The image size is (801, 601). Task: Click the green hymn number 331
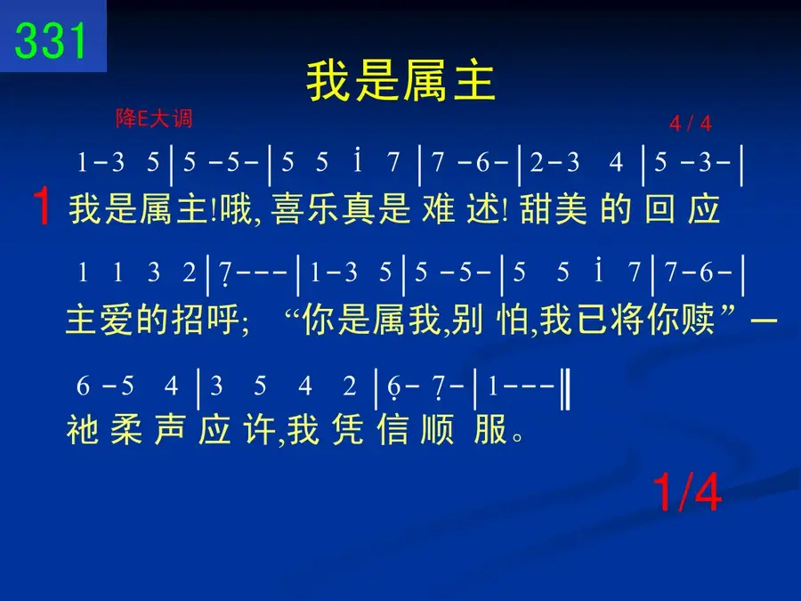(50, 40)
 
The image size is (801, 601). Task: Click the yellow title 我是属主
(400, 81)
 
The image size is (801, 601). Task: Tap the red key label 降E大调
(154, 118)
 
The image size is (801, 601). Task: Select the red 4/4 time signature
(690, 123)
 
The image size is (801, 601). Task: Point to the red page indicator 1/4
(687, 491)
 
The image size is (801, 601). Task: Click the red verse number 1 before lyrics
(41, 206)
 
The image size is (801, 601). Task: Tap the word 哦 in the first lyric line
(237, 209)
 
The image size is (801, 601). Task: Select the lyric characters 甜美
(554, 209)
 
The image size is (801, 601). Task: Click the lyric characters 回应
(683, 209)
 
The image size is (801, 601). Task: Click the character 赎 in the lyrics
(697, 320)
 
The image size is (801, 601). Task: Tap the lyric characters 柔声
(148, 429)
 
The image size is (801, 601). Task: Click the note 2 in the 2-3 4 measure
(537, 163)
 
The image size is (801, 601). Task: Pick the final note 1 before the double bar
(492, 386)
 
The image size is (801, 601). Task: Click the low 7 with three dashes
(225, 273)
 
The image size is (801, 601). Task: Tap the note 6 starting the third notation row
(83, 386)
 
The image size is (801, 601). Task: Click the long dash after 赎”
(764, 321)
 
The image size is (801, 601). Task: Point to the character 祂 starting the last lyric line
(83, 429)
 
